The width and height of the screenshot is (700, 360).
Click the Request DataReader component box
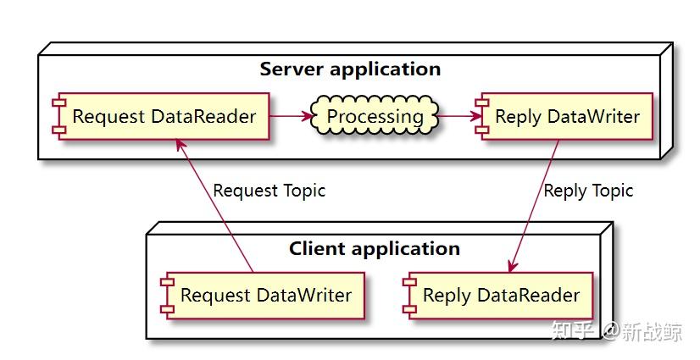[x=161, y=117]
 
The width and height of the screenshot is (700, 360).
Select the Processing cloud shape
[x=375, y=117]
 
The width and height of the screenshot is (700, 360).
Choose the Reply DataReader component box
[x=497, y=296]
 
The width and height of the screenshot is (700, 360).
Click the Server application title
[x=350, y=69]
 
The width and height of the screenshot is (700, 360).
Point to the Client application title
[x=374, y=249]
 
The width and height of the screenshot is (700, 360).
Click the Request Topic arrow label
[x=269, y=191]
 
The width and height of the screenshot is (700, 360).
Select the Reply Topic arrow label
[x=588, y=191]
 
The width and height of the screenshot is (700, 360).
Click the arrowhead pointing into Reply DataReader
[x=514, y=266]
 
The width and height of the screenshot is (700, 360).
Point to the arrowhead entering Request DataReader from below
[x=179, y=144]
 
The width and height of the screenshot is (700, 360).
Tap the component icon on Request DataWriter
[x=168, y=296]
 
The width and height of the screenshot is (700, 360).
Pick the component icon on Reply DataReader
[x=410, y=296]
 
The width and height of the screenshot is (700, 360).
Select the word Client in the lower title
[x=316, y=249]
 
